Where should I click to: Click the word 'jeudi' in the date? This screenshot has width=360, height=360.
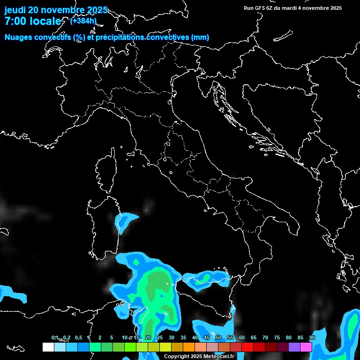click(15, 10)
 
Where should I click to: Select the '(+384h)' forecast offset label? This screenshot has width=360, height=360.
click(83, 21)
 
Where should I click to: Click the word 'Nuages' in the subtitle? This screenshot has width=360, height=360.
click(18, 37)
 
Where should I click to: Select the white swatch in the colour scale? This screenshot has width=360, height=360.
click(48, 347)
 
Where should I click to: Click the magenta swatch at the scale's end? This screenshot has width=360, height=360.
click(306, 347)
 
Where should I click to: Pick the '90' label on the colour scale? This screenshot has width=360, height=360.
click(312, 337)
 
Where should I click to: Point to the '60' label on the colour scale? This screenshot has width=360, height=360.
click(242, 337)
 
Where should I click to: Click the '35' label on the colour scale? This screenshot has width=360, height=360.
click(183, 337)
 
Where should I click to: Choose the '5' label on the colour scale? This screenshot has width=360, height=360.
click(112, 337)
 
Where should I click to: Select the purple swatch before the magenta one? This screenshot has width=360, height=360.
click(294, 347)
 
